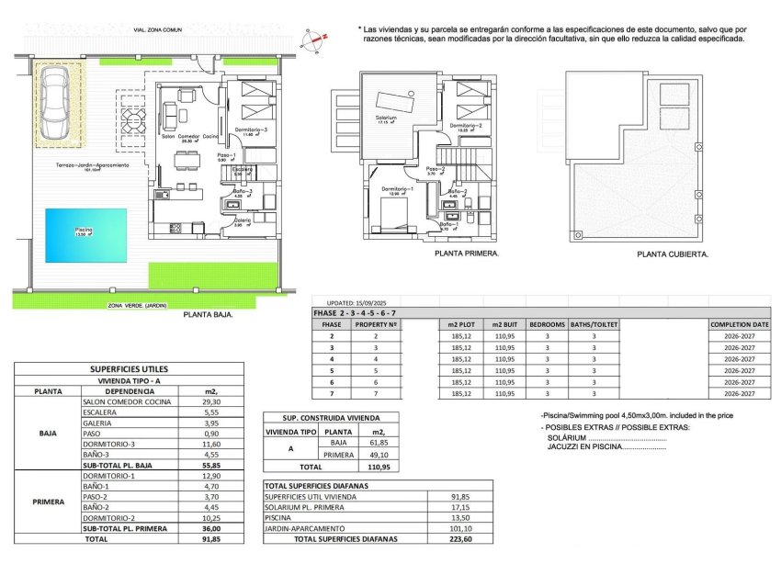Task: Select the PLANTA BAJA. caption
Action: tap(208, 314)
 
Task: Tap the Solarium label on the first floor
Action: tap(387, 118)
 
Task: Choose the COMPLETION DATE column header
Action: tap(739, 325)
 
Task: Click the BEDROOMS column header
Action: tap(547, 325)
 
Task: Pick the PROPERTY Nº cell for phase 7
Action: tap(375, 393)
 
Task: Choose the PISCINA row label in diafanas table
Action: tap(279, 517)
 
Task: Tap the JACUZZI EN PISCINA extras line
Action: tap(606, 447)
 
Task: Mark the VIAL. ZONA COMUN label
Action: tap(158, 30)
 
